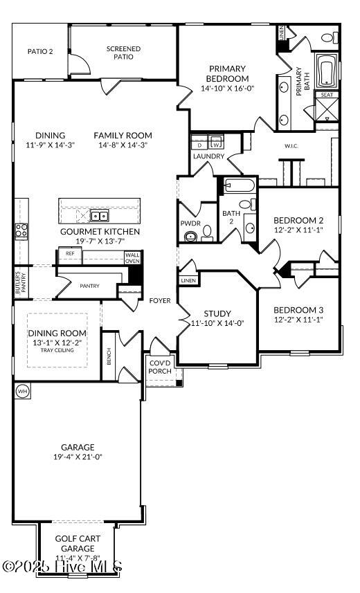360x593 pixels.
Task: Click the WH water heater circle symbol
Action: [21, 391]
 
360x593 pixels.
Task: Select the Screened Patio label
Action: [123, 53]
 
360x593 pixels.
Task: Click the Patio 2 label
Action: [40, 51]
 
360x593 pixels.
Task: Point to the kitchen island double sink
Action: [99, 215]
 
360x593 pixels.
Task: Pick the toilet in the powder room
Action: [191, 237]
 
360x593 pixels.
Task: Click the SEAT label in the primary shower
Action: [325, 95]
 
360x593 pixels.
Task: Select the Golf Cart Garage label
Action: [79, 543]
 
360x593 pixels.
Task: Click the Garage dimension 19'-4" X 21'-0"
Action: [78, 457]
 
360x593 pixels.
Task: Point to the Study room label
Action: [217, 313]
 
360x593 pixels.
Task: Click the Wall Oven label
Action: [132, 258]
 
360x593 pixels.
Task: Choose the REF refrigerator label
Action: [70, 254]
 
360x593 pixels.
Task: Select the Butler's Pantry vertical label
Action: [19, 282]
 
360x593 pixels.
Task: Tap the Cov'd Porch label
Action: [160, 367]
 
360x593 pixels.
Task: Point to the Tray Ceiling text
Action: [57, 349]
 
